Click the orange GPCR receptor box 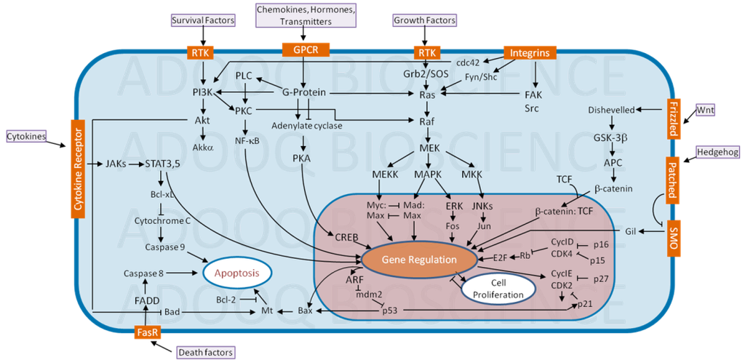coord(306,49)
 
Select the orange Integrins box coord(529,52)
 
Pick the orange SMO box coord(672,238)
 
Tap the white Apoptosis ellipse coord(237,273)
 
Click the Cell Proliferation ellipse coord(499,289)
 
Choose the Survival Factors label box coord(203,20)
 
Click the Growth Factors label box coord(424,20)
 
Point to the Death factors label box coord(206,353)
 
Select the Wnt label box coord(705,110)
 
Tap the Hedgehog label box coord(717,152)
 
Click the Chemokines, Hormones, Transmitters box coord(306,15)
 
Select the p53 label coord(391,311)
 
